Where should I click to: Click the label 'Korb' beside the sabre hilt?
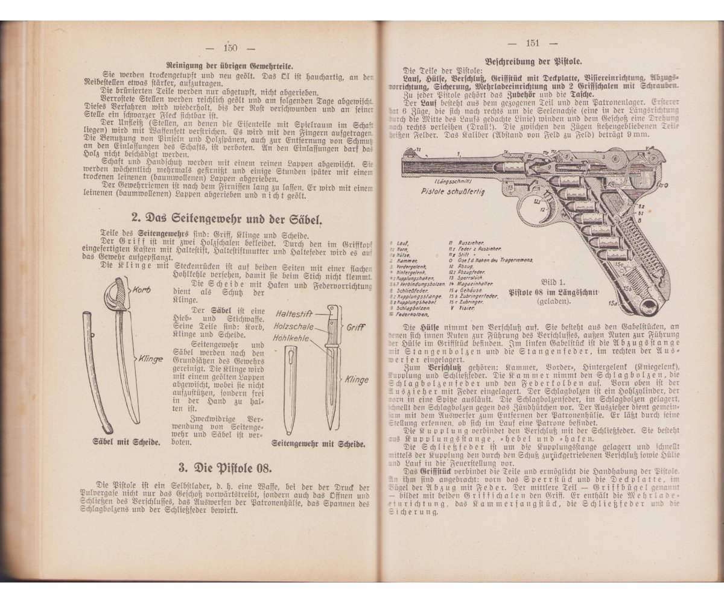(x=142, y=289)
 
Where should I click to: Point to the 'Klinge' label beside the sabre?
(x=150, y=359)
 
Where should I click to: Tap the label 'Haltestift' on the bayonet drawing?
(x=295, y=314)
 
